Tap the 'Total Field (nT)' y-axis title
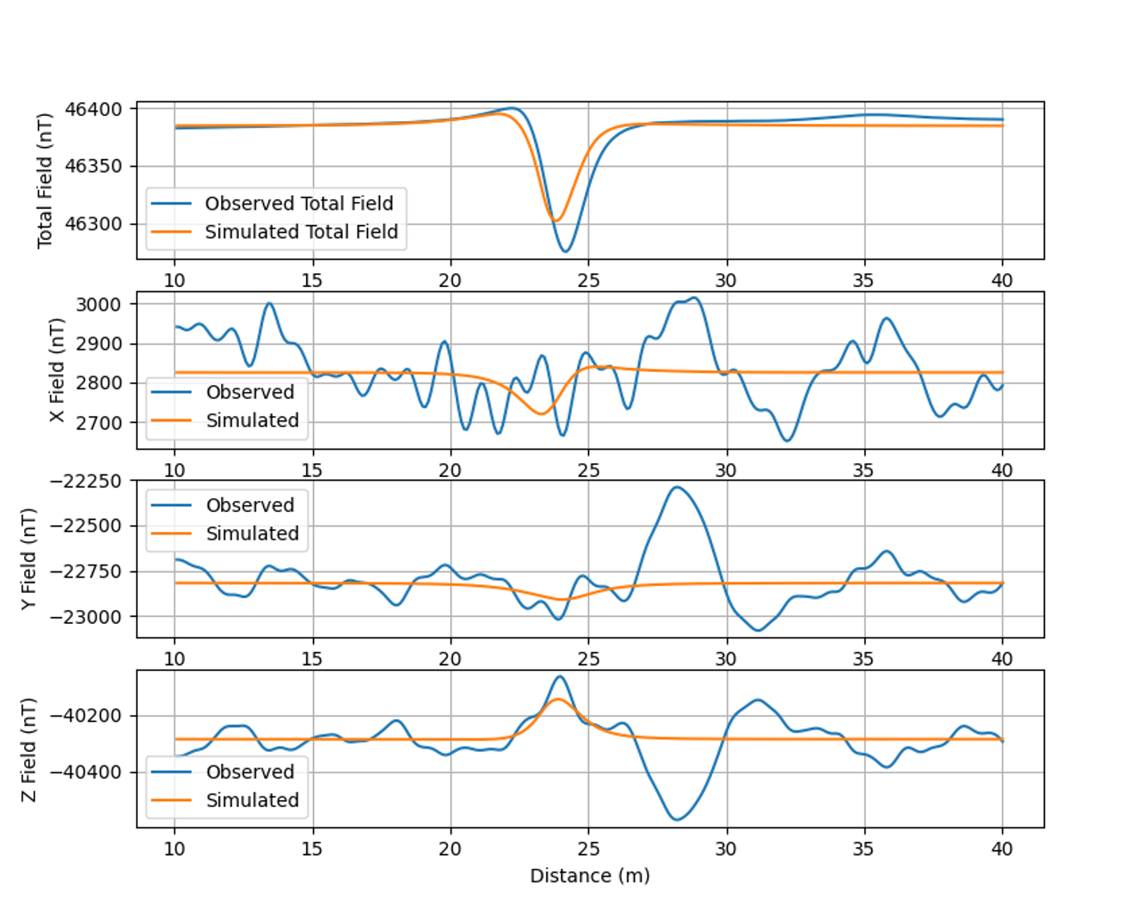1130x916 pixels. (45, 180)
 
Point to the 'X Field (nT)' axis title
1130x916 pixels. (57, 370)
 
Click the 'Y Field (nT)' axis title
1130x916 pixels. (29, 559)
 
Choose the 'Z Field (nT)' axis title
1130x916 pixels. (29, 749)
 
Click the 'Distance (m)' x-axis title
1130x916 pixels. (590, 876)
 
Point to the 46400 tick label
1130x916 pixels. (94, 110)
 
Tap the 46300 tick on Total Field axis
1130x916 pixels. (94, 224)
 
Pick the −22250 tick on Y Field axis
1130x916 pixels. (85, 481)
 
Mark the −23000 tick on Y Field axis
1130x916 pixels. (85, 617)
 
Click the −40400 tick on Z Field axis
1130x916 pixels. (85, 772)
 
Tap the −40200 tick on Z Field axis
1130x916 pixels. (85, 716)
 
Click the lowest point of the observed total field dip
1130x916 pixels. (565, 251)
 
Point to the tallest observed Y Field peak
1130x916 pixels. (678, 487)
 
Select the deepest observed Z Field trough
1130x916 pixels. (677, 819)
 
